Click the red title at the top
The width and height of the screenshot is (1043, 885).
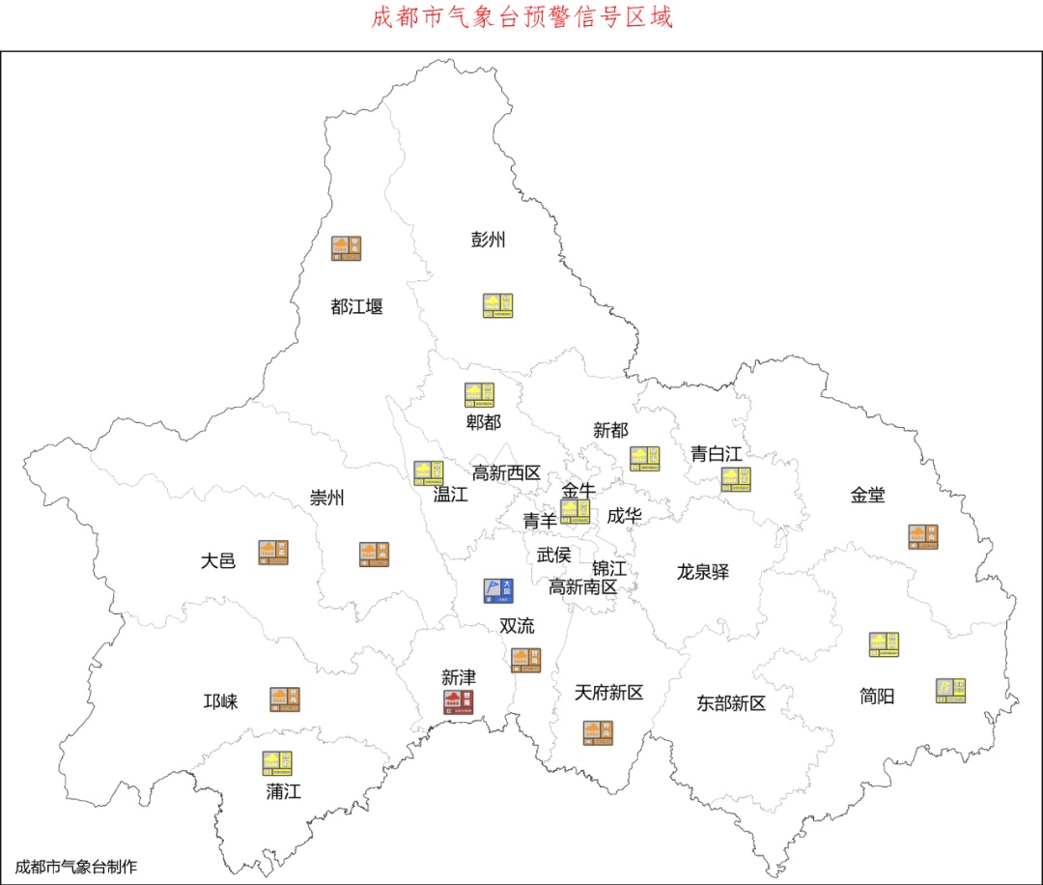(521, 17)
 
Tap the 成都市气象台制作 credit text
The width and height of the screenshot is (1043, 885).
(76, 866)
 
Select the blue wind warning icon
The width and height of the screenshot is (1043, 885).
(498, 590)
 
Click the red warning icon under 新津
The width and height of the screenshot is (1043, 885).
(459, 702)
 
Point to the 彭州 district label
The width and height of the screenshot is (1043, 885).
(488, 240)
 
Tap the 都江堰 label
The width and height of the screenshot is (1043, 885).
(356, 307)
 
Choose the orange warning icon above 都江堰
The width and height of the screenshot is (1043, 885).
(347, 248)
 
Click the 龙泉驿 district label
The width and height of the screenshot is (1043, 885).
(703, 572)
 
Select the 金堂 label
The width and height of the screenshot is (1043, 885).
(867, 495)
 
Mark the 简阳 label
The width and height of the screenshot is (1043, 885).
(877, 696)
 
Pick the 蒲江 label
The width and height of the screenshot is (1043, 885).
(284, 792)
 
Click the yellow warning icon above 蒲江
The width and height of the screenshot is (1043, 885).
(277, 763)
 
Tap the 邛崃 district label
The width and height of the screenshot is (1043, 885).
(220, 701)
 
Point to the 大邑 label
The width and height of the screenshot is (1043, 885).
(218, 560)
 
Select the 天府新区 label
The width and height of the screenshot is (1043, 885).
(608, 693)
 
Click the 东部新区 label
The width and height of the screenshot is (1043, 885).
(731, 703)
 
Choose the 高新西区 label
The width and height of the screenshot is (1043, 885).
(506, 472)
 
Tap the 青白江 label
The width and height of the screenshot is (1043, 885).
(716, 453)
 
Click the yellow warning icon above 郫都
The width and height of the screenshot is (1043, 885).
(480, 394)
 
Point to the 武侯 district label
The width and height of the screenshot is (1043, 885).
(553, 556)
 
